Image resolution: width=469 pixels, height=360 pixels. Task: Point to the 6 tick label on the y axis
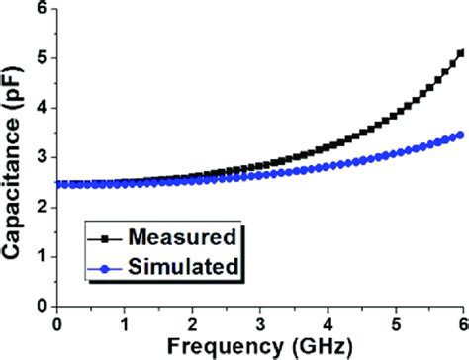(41, 9)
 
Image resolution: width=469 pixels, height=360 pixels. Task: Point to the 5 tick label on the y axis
(41, 58)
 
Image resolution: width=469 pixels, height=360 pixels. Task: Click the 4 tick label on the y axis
(41, 108)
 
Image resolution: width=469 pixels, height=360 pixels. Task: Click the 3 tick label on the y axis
(41, 158)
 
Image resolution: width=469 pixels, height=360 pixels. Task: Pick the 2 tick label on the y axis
(41, 208)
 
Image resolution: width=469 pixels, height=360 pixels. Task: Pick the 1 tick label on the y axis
(41, 257)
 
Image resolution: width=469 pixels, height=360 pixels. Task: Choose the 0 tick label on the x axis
(57, 322)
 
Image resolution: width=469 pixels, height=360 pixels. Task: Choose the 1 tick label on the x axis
(125, 322)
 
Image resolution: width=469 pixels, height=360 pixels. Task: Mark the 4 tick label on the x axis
(328, 322)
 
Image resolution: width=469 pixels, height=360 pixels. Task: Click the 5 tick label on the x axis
(395, 322)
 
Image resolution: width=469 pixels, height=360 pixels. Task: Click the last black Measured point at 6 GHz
(461, 53)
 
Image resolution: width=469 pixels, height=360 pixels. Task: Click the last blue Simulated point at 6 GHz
(461, 135)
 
